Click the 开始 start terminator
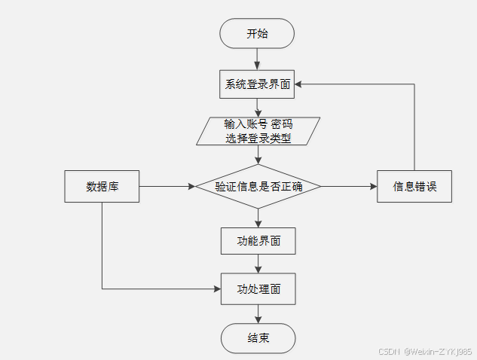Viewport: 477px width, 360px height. pyautogui.click(x=257, y=34)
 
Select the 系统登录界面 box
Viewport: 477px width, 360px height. pyautogui.click(x=257, y=84)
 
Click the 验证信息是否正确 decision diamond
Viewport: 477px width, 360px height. pyautogui.click(x=258, y=186)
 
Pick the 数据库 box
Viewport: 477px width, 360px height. pyautogui.click(x=102, y=186)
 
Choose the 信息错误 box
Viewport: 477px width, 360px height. pyautogui.click(x=414, y=186)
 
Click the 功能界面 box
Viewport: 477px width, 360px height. pyautogui.click(x=258, y=241)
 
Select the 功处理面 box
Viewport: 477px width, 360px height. pyautogui.click(x=258, y=289)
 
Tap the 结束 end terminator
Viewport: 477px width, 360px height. pyautogui.click(x=258, y=338)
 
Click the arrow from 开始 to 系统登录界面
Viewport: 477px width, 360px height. pyautogui.click(x=257, y=59)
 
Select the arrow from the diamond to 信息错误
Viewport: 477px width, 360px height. pyautogui.click(x=349, y=186)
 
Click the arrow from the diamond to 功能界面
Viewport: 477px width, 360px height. pyautogui.click(x=258, y=218)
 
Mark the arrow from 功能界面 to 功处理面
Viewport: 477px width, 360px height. pyautogui.click(x=258, y=264)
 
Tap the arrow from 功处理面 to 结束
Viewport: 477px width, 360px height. pyautogui.click(x=258, y=314)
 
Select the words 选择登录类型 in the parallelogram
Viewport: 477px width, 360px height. pyautogui.click(x=258, y=139)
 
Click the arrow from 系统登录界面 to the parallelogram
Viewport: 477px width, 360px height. pyautogui.click(x=258, y=108)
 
